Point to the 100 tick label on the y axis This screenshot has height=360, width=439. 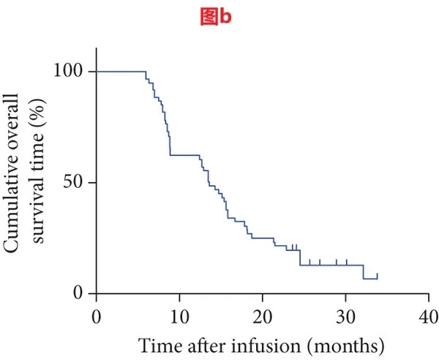(x=69, y=72)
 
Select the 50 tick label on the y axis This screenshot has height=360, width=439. (x=73, y=182)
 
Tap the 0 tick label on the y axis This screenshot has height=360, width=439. (x=78, y=293)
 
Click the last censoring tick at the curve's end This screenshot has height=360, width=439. (x=378, y=276)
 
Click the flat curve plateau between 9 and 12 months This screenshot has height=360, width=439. (x=184, y=155)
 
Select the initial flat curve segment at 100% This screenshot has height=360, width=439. (x=121, y=71)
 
